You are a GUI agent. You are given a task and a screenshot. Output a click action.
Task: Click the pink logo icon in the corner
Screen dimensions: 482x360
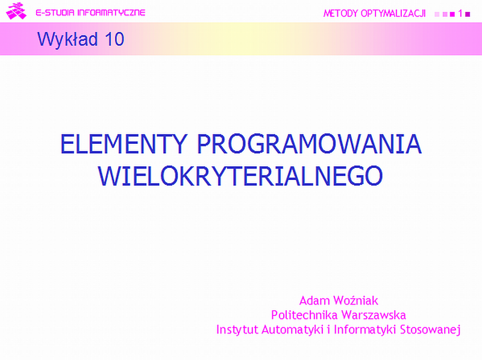coord(16,11)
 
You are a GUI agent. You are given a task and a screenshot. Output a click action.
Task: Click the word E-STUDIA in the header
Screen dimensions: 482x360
coord(55,13)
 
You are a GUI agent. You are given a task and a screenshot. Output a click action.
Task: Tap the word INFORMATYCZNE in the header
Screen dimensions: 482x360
coord(111,13)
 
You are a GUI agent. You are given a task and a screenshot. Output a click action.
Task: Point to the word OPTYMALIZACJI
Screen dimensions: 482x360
coord(393,13)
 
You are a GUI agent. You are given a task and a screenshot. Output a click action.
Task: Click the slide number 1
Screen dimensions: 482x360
coord(460,13)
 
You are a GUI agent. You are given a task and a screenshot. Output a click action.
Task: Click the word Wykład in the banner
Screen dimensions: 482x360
coord(67,39)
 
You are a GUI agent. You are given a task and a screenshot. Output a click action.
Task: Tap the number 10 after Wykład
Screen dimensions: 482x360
coord(114,39)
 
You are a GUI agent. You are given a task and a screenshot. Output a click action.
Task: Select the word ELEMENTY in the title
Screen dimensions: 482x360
coord(124,144)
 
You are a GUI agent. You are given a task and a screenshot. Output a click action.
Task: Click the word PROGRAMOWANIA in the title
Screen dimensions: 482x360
coord(309,144)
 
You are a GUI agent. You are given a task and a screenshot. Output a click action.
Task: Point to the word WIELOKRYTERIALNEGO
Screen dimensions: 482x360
coord(240,176)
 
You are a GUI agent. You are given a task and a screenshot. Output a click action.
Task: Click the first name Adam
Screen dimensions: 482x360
coord(315,300)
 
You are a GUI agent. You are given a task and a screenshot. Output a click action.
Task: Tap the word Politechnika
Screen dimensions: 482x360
coord(304,315)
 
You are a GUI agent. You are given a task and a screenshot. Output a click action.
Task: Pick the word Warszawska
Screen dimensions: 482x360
coord(374,315)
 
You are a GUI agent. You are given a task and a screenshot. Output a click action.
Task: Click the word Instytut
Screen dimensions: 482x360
coord(237,329)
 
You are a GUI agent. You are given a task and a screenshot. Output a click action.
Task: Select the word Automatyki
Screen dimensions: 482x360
coord(292,329)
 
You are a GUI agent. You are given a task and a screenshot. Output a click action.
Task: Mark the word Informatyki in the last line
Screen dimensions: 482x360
coord(365,329)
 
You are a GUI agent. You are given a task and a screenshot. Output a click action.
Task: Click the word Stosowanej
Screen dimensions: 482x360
coord(430,329)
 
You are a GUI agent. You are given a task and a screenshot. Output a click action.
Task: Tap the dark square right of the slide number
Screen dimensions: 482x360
coord(468,14)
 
